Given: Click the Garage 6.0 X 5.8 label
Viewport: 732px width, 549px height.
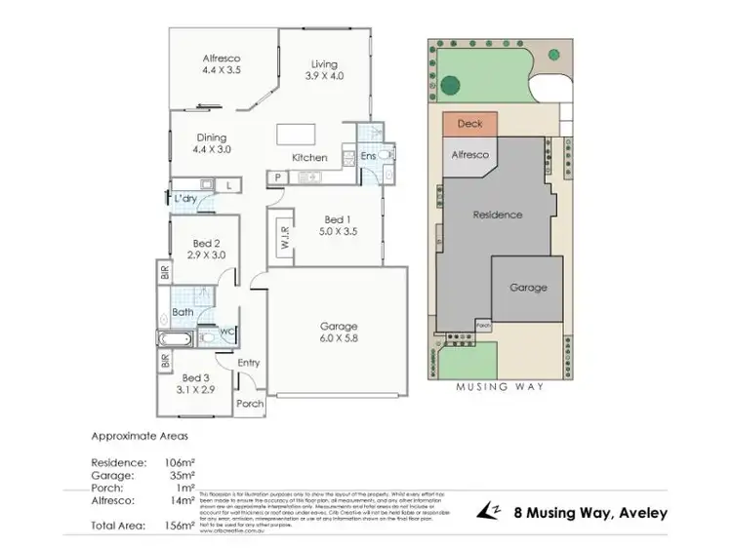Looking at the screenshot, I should pos(339,333).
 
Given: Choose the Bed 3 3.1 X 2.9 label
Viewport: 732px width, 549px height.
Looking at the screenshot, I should pos(194,383).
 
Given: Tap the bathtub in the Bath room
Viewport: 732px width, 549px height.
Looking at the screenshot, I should pos(176,338).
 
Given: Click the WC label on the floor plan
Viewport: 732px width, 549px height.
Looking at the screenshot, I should pos(227,333).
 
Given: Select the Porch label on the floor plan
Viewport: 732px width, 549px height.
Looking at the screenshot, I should pos(251,404).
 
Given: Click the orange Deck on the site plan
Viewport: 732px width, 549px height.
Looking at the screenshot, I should pos(469,125).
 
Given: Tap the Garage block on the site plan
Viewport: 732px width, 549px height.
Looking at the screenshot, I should pos(527,288).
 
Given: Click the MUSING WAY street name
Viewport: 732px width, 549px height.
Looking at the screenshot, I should pos(499,386).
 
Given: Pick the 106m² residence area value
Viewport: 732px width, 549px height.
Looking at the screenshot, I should pos(180,462).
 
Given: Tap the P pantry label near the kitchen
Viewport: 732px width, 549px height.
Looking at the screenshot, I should pos(278,176).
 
